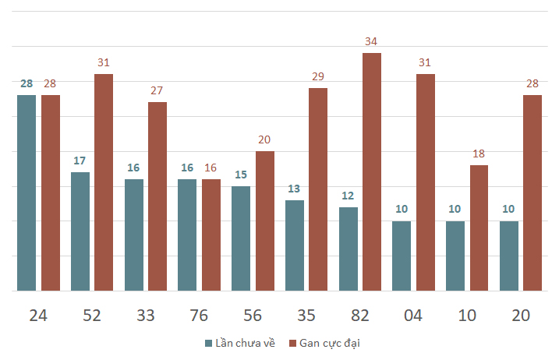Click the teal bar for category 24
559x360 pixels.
click(27, 192)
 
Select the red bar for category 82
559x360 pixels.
click(372, 171)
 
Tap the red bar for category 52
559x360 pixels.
click(104, 182)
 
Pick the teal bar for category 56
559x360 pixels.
click(241, 238)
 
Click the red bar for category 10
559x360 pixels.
click(479, 228)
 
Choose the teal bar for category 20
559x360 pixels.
click(509, 256)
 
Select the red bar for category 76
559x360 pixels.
click(211, 235)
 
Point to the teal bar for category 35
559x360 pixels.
click(295, 245)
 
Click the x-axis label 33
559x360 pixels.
click(146, 316)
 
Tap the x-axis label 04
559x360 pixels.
click(413, 316)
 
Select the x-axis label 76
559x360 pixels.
click(199, 316)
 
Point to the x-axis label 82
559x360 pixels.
click(359, 316)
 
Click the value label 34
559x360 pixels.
click(371, 41)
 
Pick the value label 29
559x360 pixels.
click(318, 76)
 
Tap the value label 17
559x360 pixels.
click(80, 161)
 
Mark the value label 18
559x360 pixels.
click(479, 154)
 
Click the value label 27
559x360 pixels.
click(157, 90)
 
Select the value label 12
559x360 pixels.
click(348, 196)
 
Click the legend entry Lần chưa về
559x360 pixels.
click(240, 343)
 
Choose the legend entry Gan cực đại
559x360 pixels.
click(324, 344)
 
